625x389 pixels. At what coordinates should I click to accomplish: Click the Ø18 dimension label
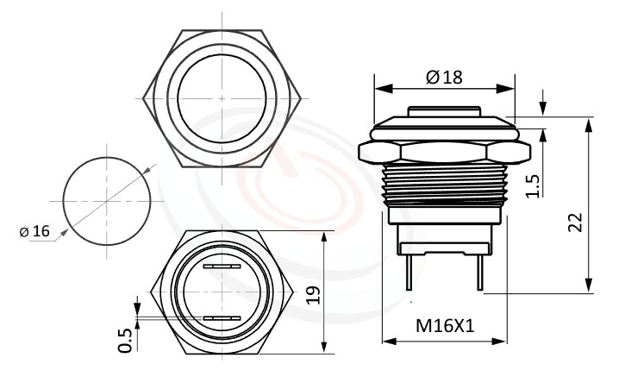[x=444, y=77]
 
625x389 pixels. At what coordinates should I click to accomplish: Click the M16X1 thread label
[x=445, y=326]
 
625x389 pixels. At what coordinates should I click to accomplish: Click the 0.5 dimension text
[x=125, y=339]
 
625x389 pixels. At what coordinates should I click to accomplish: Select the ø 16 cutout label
[x=34, y=231]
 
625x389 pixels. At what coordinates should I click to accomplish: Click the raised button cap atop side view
[x=443, y=111]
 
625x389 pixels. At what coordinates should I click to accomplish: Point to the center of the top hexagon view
[x=222, y=98]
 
